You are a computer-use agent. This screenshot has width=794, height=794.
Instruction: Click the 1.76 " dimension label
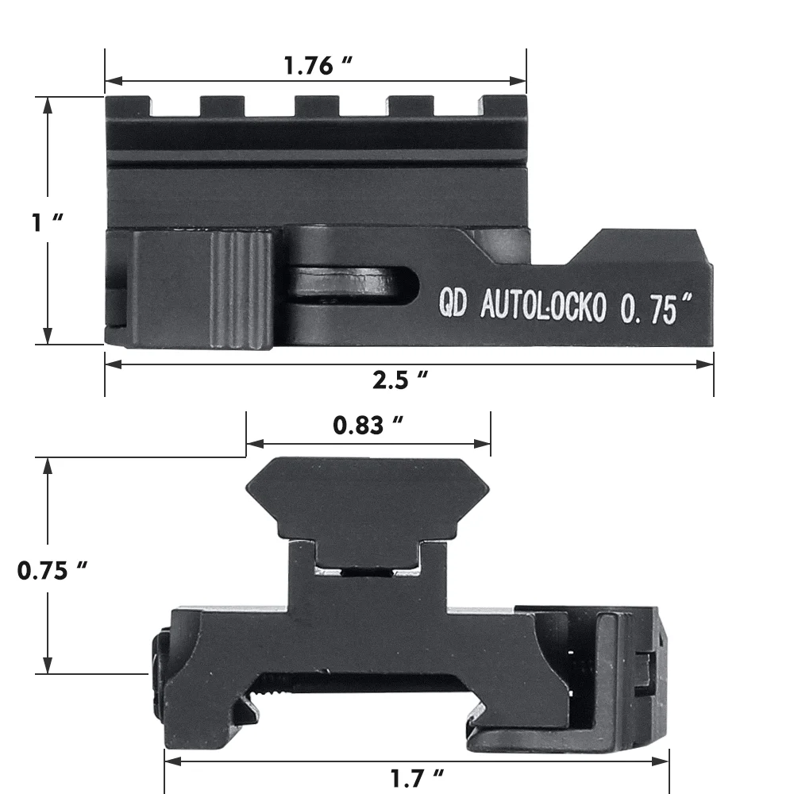pos(318,66)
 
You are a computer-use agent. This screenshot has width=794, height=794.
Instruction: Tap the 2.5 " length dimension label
pos(401,380)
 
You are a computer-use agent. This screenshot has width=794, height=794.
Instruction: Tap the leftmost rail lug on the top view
pos(129,106)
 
